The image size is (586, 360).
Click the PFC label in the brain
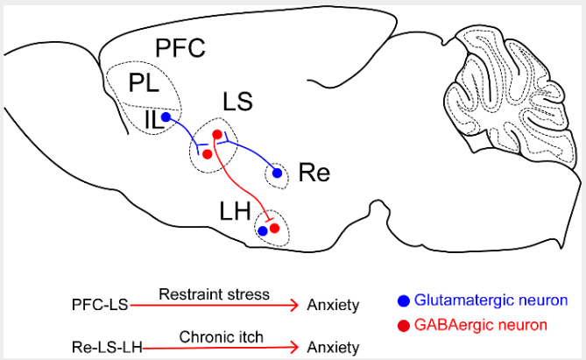(x=180, y=49)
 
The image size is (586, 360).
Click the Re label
(x=314, y=172)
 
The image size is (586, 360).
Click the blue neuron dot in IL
(x=165, y=116)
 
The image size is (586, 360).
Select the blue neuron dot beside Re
(x=278, y=173)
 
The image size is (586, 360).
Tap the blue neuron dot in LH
(x=262, y=230)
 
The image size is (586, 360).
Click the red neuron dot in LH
(x=274, y=228)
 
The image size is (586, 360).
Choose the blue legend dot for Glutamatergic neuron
(x=404, y=301)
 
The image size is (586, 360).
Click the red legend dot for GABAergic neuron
(x=404, y=326)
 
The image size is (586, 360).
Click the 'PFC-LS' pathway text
(x=101, y=306)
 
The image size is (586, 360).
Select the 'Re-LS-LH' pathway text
(x=95, y=347)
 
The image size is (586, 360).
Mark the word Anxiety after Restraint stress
(x=333, y=306)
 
